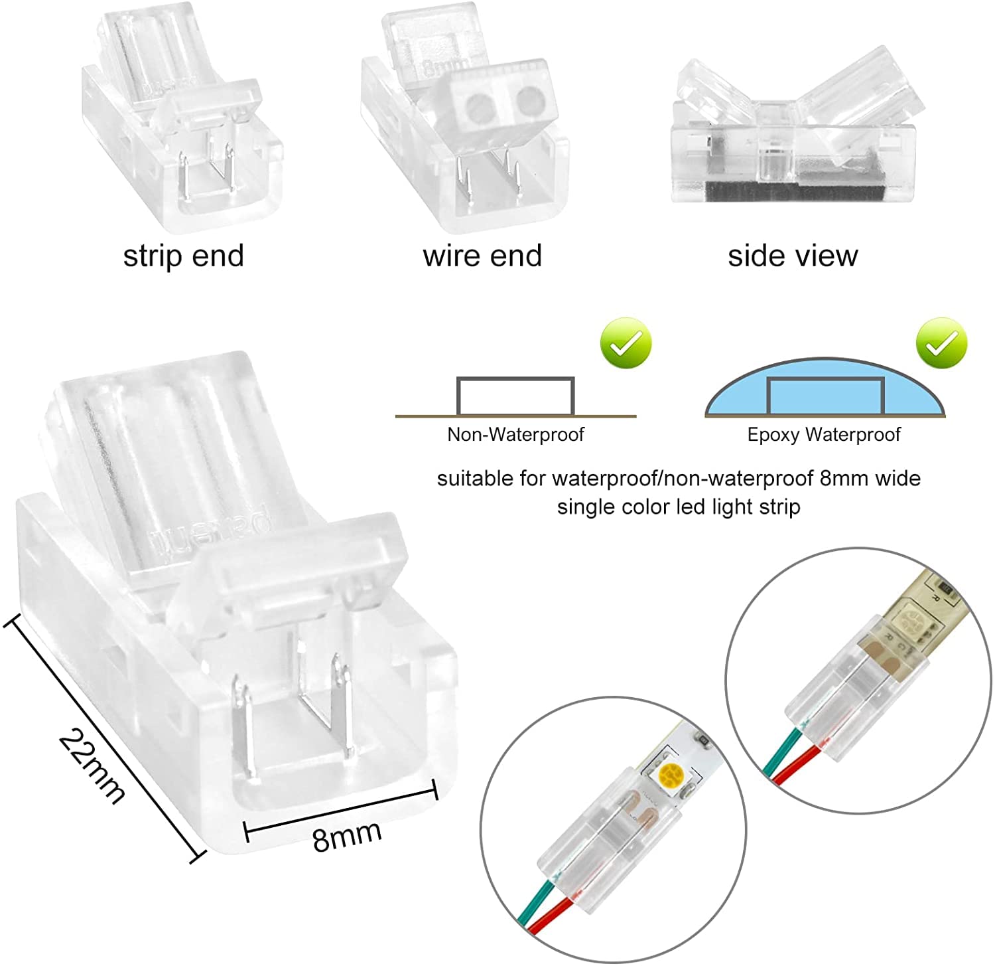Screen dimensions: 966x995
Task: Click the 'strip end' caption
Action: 184,256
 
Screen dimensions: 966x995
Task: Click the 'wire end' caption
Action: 482,256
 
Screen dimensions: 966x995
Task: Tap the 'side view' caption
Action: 793,256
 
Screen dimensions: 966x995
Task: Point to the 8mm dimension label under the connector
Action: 347,835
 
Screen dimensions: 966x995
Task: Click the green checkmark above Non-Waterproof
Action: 626,343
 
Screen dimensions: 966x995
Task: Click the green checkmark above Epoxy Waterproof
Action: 941,343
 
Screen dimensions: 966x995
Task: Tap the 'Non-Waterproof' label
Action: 515,435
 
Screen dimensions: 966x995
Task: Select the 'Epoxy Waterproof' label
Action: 824,435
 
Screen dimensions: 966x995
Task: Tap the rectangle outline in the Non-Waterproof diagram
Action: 515,396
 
